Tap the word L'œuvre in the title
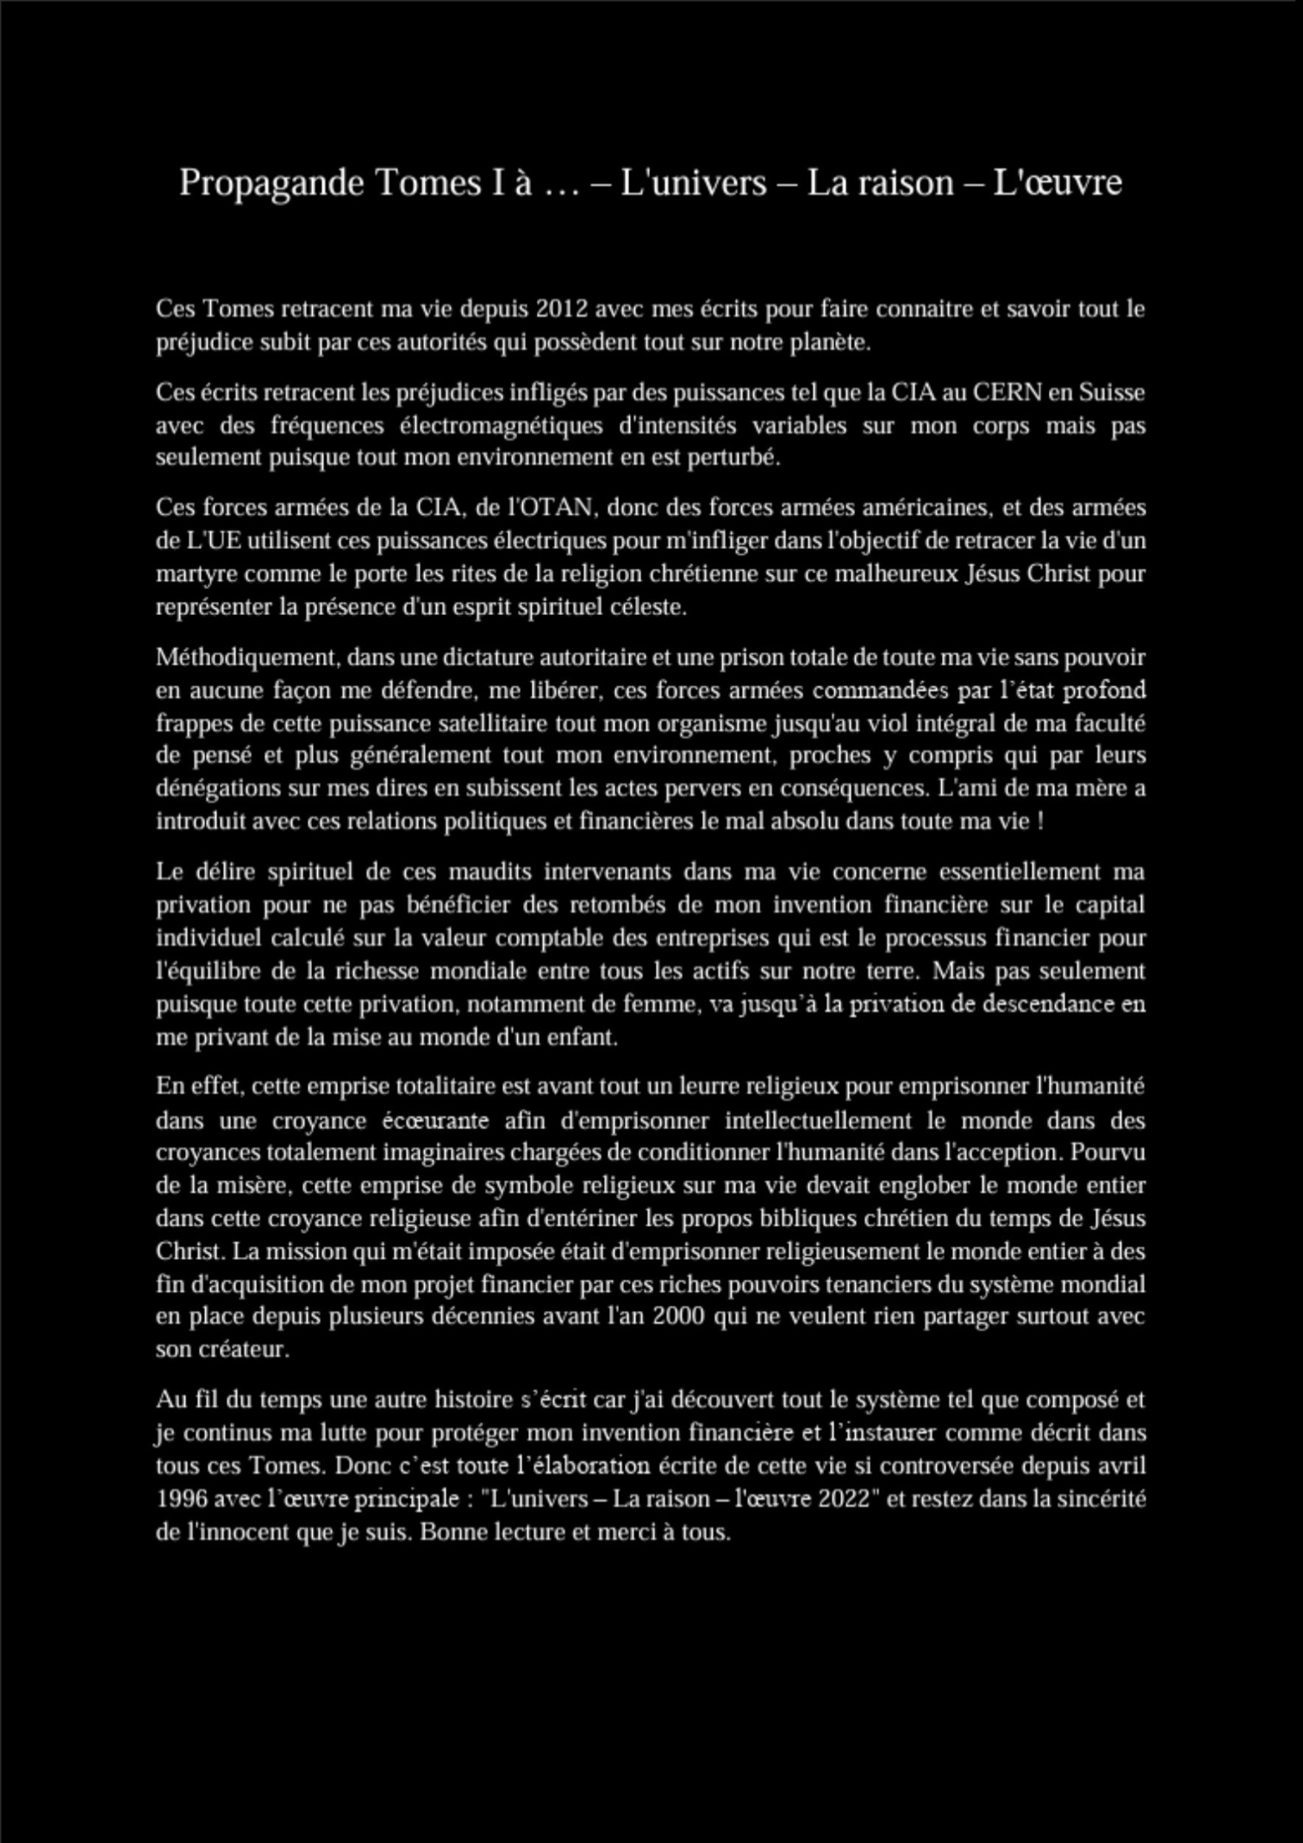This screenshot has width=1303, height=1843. click(1057, 182)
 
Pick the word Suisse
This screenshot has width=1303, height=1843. click(1112, 392)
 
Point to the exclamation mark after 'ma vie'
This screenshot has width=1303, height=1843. click(1041, 823)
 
